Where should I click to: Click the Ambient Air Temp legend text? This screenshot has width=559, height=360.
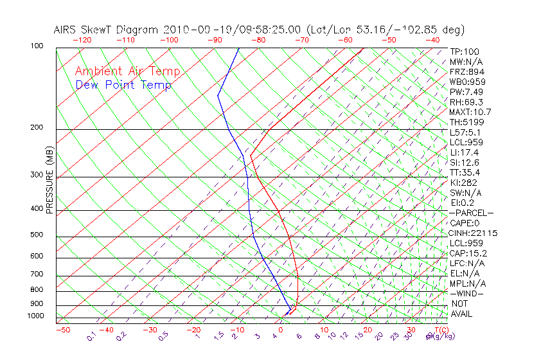(127, 72)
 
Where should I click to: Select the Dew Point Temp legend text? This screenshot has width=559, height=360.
(123, 85)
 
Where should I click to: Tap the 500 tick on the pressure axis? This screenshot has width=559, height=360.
(37, 235)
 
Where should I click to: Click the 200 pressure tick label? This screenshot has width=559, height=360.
(37, 127)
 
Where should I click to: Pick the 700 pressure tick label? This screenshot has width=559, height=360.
(37, 274)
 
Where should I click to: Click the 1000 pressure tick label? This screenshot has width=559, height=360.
(35, 316)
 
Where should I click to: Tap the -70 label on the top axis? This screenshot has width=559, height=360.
(301, 40)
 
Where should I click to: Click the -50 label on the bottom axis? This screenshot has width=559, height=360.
(62, 330)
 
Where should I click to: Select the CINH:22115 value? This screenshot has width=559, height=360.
(474, 233)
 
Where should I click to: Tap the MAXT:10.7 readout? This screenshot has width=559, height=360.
(470, 112)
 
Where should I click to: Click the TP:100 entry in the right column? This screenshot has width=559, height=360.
(464, 51)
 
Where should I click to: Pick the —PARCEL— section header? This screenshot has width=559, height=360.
(471, 213)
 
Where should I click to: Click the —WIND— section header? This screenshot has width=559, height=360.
(466, 293)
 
